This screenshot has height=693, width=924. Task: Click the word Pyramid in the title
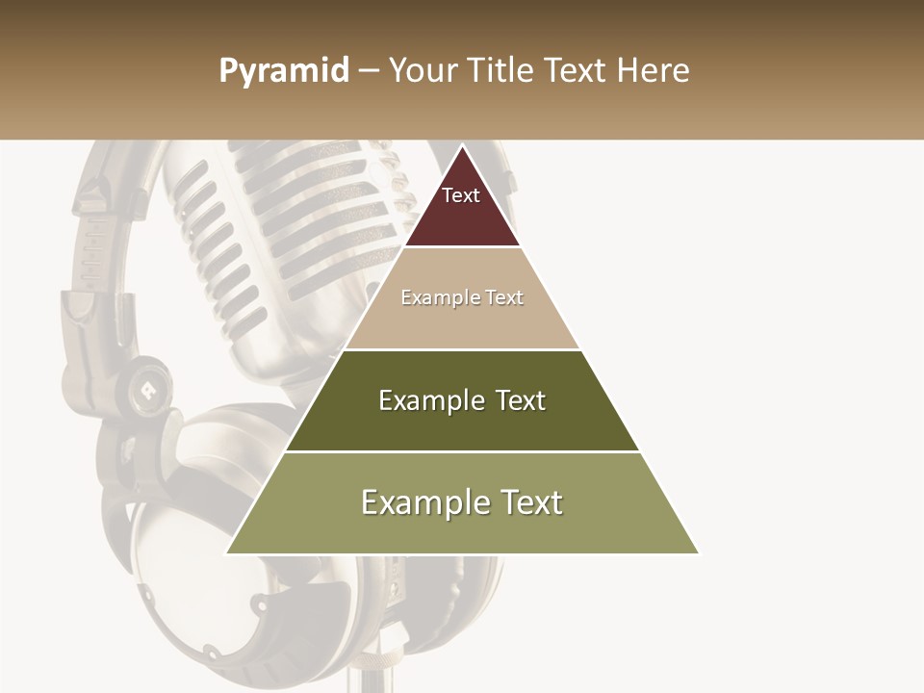284,71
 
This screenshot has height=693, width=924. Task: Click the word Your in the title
423,71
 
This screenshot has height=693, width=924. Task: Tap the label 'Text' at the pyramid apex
461,195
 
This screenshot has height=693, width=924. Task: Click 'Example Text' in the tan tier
462,297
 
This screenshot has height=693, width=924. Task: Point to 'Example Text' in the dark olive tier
462,400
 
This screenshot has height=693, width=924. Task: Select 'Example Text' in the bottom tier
462,502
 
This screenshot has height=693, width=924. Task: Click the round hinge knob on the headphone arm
147,385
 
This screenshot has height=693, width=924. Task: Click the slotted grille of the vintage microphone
289,221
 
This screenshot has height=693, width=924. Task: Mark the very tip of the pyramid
462,146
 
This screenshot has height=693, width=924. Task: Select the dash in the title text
369,71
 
